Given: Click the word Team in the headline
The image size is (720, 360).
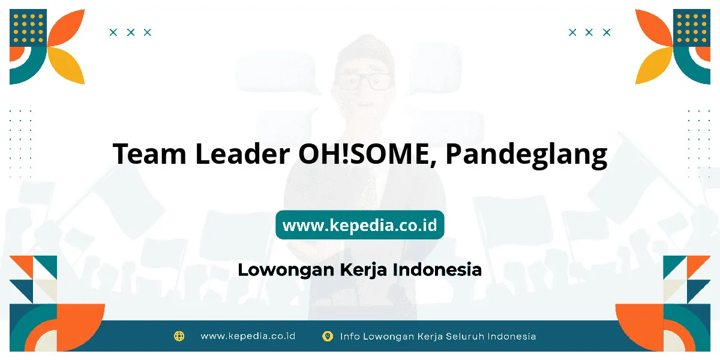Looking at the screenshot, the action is pos(149,154).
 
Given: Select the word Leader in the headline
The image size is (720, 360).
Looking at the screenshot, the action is pos(242,153).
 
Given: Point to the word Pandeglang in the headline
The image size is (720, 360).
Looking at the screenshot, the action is pos(527,155).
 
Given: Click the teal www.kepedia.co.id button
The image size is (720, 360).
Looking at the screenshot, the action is pos(360,224).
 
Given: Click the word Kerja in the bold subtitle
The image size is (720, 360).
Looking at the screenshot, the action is pos(363,270).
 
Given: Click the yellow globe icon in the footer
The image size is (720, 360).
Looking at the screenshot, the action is pos(179,336).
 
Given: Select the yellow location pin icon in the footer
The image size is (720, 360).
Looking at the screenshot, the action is pos(328,336).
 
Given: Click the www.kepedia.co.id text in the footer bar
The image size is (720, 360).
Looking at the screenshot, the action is pos(248,336).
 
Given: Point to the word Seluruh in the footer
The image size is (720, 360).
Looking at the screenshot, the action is pos(465,336).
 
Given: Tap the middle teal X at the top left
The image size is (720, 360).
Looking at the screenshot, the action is pos(131,32).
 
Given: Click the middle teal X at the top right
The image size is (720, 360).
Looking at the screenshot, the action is pos(589,32).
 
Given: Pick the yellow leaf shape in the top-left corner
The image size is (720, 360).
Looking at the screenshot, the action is pos(66,65).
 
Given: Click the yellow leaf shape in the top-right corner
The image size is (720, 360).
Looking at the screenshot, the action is pos(654,65).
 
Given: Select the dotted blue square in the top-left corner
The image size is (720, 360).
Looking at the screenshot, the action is pos(28,28).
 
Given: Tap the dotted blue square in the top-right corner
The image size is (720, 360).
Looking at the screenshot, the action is pos(692,28).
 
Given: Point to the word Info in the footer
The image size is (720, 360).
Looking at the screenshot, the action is pos(350,336).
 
